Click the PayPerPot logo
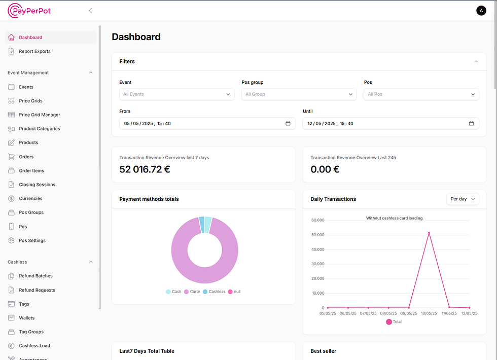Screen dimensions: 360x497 coord(29,11)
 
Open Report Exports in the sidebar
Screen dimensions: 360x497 coord(34,51)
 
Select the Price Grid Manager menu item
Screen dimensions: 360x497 coord(40,115)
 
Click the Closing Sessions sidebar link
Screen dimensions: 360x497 coord(37,185)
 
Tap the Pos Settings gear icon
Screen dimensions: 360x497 coord(12,240)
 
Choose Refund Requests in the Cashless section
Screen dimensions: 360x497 coord(37,290)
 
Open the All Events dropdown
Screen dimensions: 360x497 coord(176,94)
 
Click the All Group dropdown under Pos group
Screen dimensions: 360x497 coord(299,94)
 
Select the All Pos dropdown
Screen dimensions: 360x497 coord(421,94)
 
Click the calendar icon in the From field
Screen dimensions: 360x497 coord(288,123)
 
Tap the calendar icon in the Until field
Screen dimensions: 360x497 coord(471,123)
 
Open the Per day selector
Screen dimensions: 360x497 coord(463,199)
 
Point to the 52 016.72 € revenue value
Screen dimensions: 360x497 coord(145,169)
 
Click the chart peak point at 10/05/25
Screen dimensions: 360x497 coord(429,233)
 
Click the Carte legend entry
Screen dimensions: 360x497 coord(192,292)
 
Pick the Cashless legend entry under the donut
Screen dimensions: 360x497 coord(214,292)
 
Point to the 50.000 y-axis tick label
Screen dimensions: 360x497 coord(317,235)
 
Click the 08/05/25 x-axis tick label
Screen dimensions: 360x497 coord(388,313)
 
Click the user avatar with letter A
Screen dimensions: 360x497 coord(481,11)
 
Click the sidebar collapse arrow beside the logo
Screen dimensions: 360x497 coord(90,11)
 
